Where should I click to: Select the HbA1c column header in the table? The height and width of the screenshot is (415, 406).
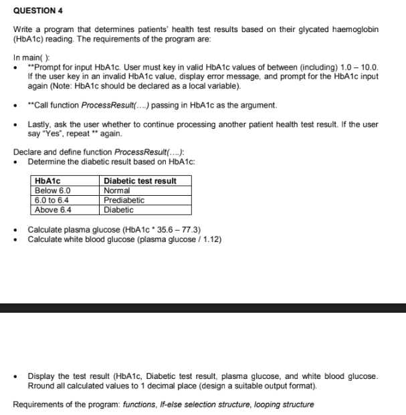48,181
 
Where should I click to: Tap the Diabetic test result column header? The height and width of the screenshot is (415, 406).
140,181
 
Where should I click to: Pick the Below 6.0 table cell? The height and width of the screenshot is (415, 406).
54,190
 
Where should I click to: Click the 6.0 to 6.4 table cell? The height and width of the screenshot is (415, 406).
52,200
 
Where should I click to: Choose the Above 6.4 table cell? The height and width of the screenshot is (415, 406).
53,209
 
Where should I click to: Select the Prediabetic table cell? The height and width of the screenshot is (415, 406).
124,200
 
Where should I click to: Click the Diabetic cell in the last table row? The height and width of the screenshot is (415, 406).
118,209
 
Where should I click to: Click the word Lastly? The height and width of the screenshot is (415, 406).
40,124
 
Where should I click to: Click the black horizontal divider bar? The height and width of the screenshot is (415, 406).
203,307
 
